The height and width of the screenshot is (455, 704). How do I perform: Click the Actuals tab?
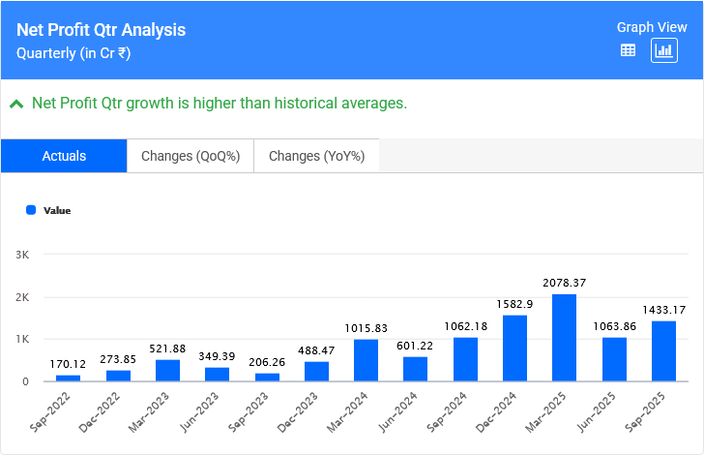click(x=64, y=156)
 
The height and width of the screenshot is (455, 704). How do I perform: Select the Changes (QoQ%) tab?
click(x=191, y=156)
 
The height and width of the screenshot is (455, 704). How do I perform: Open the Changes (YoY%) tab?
click(x=316, y=156)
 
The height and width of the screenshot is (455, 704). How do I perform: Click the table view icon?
click(x=628, y=50)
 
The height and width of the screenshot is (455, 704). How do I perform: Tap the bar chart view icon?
click(x=663, y=50)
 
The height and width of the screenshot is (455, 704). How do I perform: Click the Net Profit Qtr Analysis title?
click(x=102, y=30)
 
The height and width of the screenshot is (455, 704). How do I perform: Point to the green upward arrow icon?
click(x=15, y=104)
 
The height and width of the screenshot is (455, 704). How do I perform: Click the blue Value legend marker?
click(x=31, y=210)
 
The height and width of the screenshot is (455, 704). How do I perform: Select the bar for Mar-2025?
click(x=565, y=338)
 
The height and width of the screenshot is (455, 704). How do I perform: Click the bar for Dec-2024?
click(x=514, y=349)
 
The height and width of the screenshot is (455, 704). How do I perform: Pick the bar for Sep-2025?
click(x=663, y=351)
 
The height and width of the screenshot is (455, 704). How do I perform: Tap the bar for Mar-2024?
click(x=366, y=360)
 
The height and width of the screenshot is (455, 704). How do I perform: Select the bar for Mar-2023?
click(x=167, y=371)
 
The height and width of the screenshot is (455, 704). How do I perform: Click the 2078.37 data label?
click(x=565, y=283)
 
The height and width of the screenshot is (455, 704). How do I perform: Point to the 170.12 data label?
click(x=69, y=364)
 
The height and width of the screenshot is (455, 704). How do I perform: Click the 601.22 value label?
click(x=415, y=346)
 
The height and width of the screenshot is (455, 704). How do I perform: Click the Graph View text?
click(x=651, y=27)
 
